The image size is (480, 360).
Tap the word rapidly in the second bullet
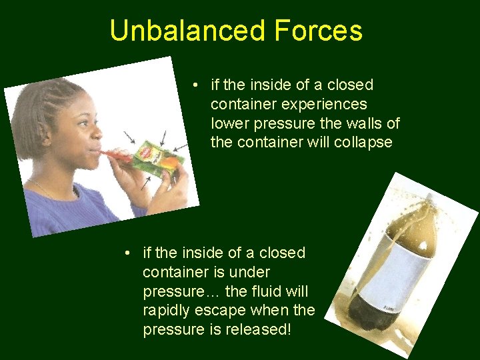[167, 310]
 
